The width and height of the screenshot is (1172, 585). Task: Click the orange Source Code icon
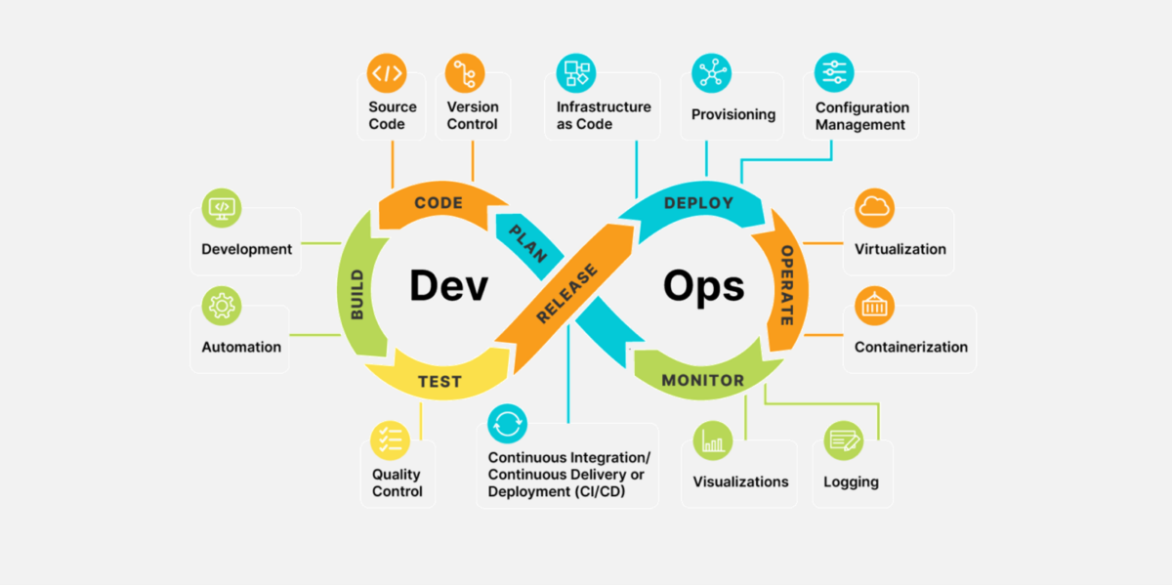point(386,73)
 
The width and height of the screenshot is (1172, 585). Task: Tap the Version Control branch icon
point(465,73)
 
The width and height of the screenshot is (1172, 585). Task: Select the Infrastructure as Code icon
point(576,73)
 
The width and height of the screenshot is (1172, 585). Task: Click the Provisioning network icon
point(711,73)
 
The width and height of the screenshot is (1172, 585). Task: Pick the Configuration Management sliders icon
point(834,72)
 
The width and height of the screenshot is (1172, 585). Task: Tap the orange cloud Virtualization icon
point(874,208)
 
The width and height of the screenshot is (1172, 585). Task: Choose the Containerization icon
point(874,306)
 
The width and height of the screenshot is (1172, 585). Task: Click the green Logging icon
point(843,440)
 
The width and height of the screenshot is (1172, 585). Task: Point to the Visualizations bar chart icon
point(713,440)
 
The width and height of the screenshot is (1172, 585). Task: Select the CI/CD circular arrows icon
point(507,423)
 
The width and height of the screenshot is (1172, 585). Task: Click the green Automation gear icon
point(222,306)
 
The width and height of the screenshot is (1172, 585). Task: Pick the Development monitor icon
point(222,207)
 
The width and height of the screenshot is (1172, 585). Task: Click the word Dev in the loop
point(448,286)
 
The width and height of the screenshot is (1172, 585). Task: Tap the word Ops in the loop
point(703,286)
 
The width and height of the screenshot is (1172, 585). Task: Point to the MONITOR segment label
point(702,380)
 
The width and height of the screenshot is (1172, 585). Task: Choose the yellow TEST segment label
point(439,381)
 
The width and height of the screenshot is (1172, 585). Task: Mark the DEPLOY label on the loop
point(698,203)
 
